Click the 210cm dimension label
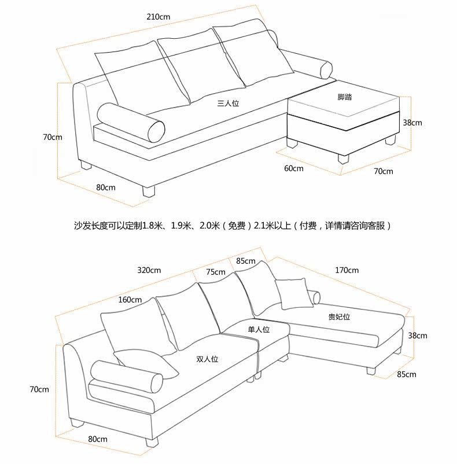coord(159,17)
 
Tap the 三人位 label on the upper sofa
coord(228,104)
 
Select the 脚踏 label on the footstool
coord(345,97)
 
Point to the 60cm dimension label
coord(294,168)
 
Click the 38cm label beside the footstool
coord(412,123)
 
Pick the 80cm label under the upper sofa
coord(106,187)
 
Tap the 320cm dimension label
coord(149,270)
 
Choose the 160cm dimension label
coord(130,300)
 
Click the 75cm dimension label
coord(216,272)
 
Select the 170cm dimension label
coord(347,270)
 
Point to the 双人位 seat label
coord(207,359)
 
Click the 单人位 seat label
coord(259,329)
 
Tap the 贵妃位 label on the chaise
coord(339,317)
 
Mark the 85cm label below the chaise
coord(407,374)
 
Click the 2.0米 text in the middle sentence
coord(210,226)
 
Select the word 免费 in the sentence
coord(237,226)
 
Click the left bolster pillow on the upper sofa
coord(131,123)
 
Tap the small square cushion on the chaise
coord(294,293)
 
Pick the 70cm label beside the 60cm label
coord(384,171)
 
